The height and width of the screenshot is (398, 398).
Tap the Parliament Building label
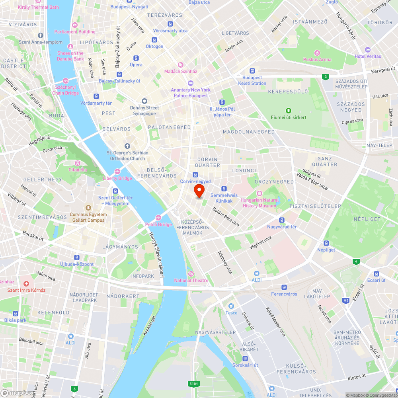[75, 32]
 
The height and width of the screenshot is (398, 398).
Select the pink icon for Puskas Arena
[317, 53]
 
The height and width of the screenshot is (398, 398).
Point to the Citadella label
[78, 170]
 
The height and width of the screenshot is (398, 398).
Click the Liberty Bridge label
[117, 178]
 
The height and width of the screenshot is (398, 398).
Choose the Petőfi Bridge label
[158, 224]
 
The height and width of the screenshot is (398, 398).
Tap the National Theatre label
[191, 280]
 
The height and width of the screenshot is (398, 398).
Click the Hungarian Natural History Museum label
[259, 203]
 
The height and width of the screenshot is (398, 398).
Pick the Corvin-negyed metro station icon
[195, 175]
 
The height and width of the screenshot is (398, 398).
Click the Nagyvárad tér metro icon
[282, 220]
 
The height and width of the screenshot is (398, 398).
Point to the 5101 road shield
[193, 384]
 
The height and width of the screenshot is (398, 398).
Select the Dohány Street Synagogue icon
[144, 101]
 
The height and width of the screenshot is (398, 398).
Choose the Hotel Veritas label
[367, 56]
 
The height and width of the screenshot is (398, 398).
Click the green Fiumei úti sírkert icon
[289, 111]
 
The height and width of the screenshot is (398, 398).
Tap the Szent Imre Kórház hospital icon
[26, 284]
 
